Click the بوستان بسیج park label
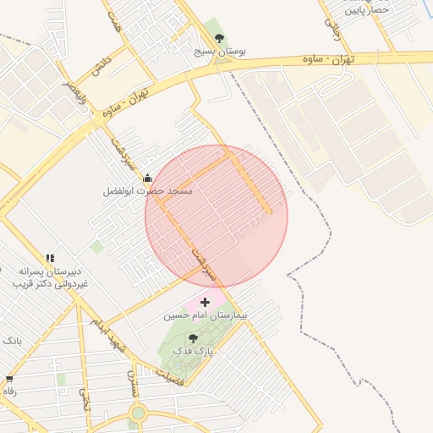(220, 52)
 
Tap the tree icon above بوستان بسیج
(220, 38)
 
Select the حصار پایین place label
(367, 9)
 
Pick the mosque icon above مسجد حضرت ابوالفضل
(148, 178)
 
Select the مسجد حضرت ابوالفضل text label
(148, 191)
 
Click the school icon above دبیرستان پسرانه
(50, 257)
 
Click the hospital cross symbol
(205, 301)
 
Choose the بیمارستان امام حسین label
(195, 315)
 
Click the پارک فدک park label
(194, 350)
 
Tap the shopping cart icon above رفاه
(9, 379)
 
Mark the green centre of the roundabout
(137, 414)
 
